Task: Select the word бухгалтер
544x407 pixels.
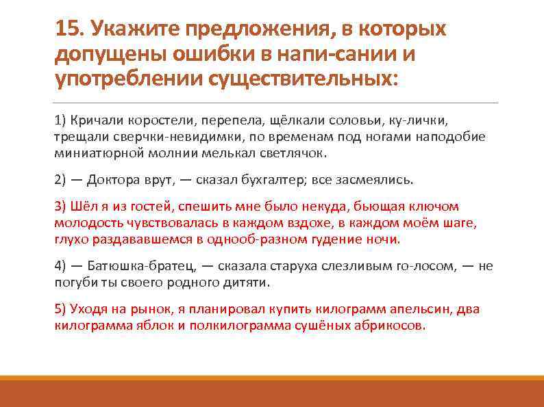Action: point(273,180)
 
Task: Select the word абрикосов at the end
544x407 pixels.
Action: point(390,326)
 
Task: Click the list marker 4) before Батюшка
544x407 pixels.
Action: point(60,267)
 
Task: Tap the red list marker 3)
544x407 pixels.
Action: point(60,207)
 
